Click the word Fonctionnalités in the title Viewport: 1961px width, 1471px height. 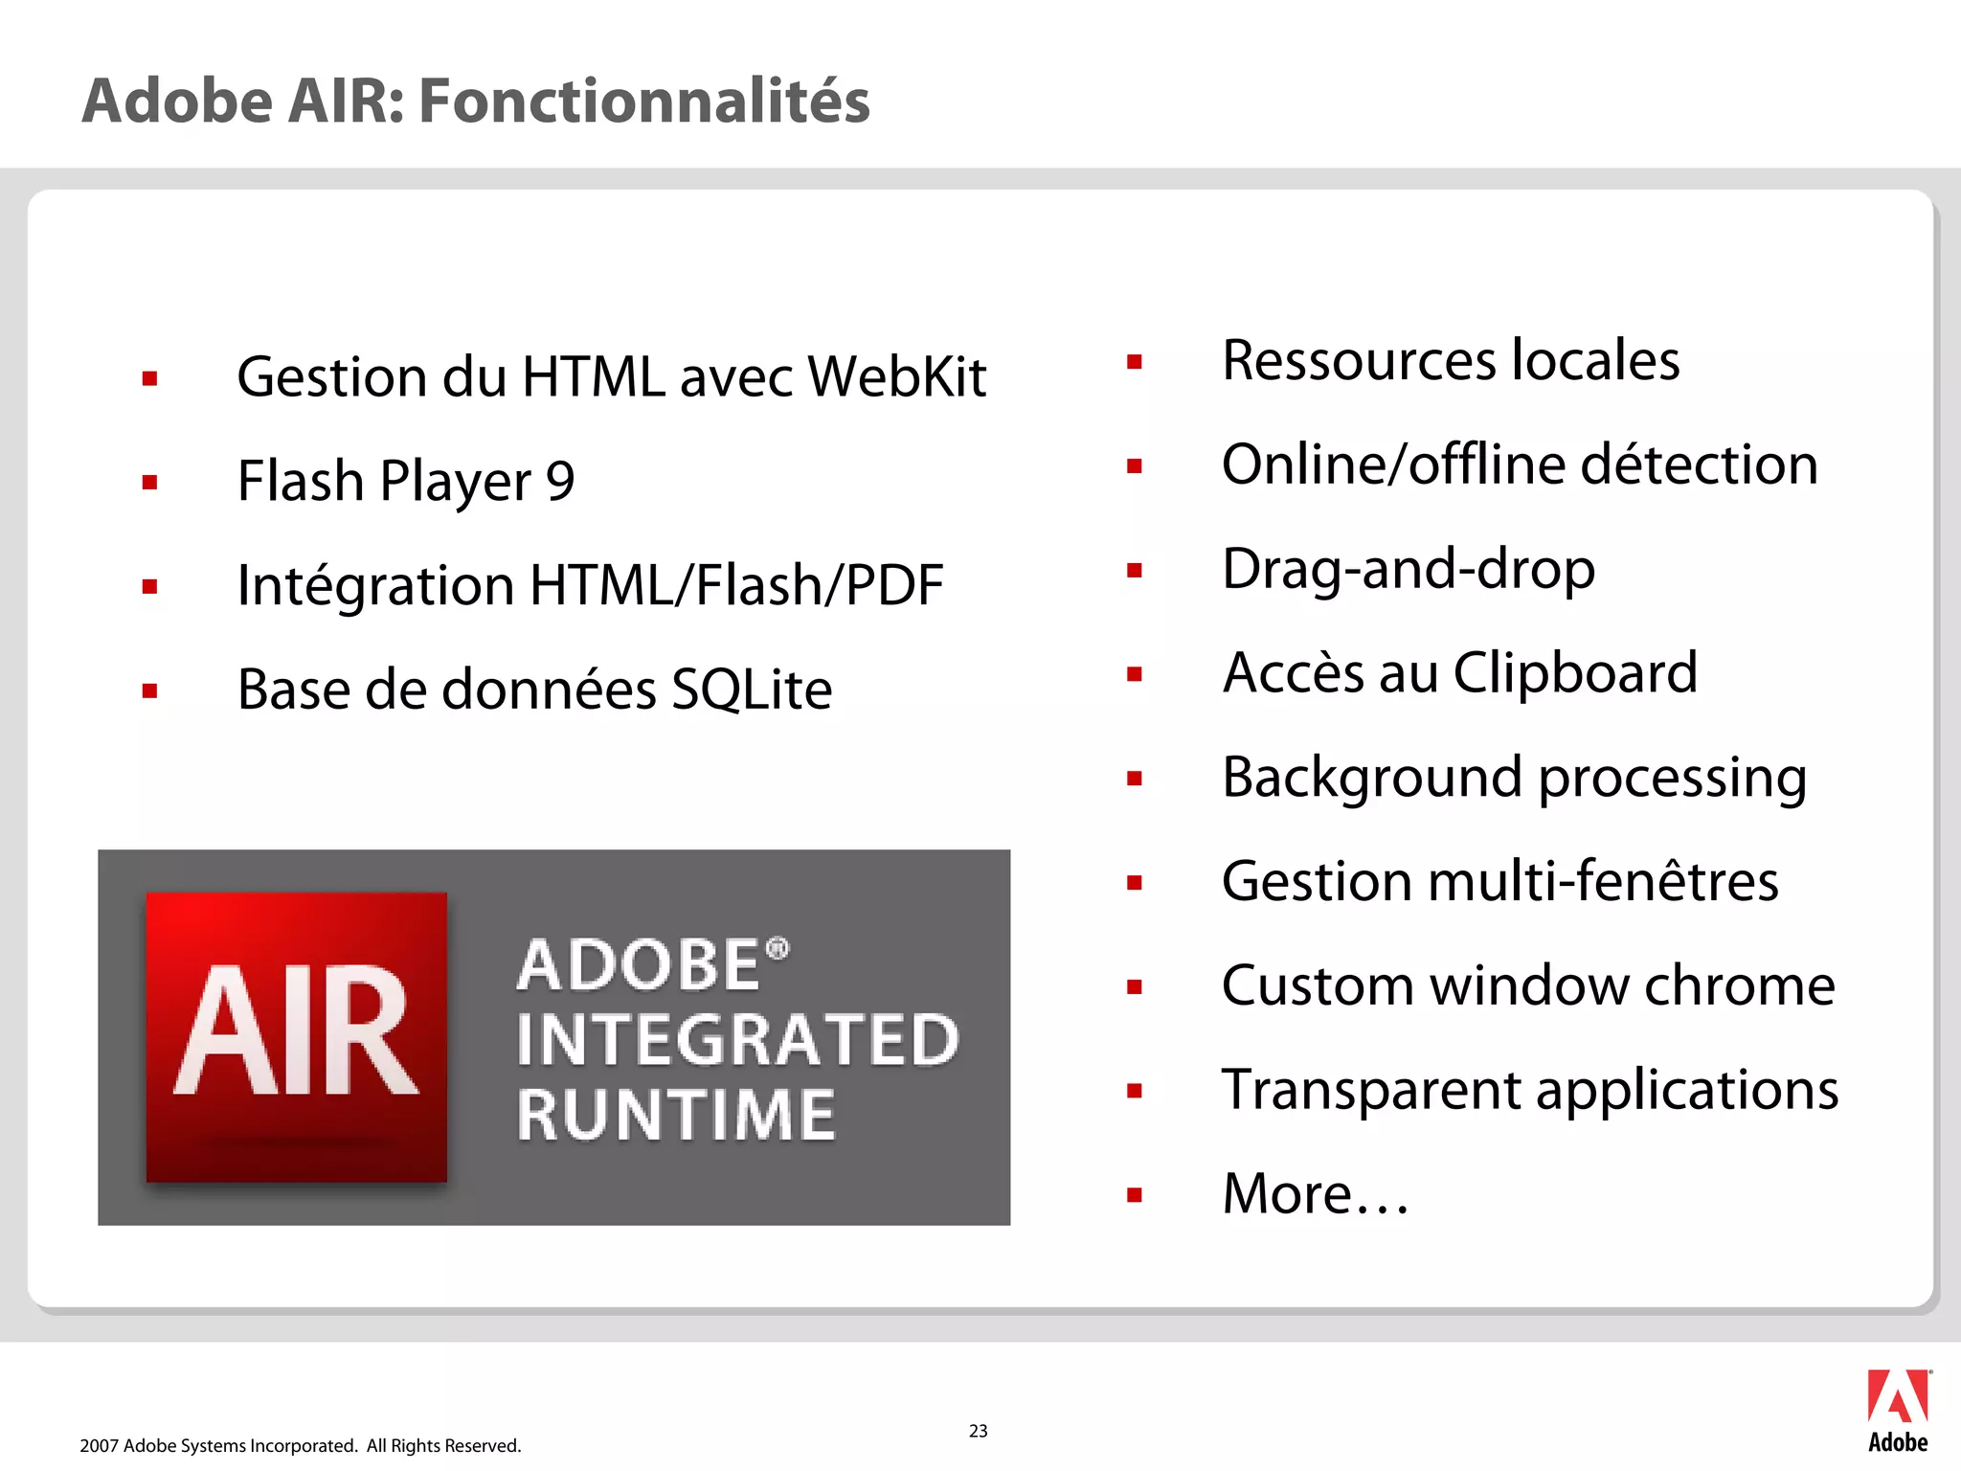coord(643,102)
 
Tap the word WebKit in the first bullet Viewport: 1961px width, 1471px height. coord(896,376)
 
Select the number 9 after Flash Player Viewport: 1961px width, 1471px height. coord(559,481)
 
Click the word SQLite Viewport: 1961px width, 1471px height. coord(751,690)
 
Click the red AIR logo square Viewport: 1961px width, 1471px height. coord(296,1036)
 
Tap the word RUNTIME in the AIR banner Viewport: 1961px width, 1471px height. coord(676,1116)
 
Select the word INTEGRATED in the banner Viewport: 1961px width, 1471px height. coord(737,1040)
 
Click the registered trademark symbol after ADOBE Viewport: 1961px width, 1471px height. coord(778,949)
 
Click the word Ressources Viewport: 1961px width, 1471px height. coord(1359,361)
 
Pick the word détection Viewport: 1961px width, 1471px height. coord(1698,464)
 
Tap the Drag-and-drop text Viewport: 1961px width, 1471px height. coord(1409,569)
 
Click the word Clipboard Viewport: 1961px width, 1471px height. coord(1575,672)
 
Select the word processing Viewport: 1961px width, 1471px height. coord(1672,778)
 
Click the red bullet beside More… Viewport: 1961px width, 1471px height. coord(1135,1194)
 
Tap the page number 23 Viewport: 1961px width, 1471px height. coord(978,1431)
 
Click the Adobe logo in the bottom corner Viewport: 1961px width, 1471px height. coord(1898,1410)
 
